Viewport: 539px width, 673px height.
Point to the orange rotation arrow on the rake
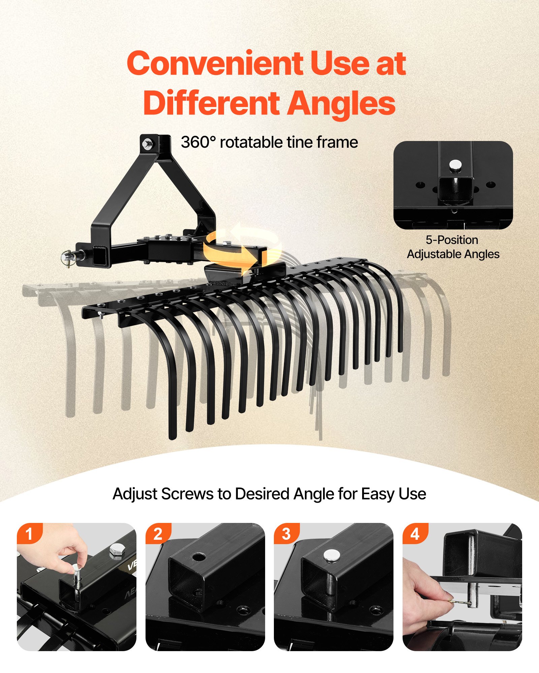242,248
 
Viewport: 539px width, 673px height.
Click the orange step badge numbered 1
29,534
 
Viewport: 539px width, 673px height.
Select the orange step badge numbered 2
158,534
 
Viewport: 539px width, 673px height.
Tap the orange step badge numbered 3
286,534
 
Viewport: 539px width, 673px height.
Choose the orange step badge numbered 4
415,534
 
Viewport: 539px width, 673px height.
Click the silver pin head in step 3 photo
331,555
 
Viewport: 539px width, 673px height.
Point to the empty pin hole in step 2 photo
199,557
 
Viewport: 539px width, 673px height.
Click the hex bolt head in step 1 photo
117,551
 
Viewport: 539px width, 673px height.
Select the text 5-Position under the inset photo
452,240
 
